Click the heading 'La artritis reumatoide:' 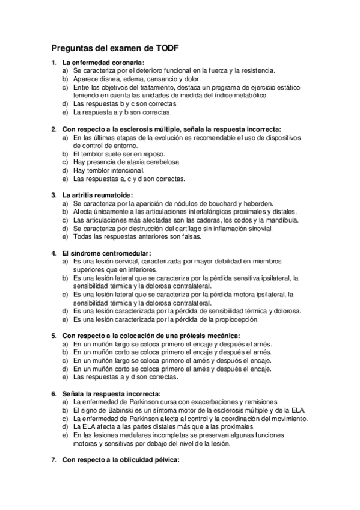[97, 195]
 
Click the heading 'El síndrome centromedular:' [106, 253]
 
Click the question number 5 [53, 336]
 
